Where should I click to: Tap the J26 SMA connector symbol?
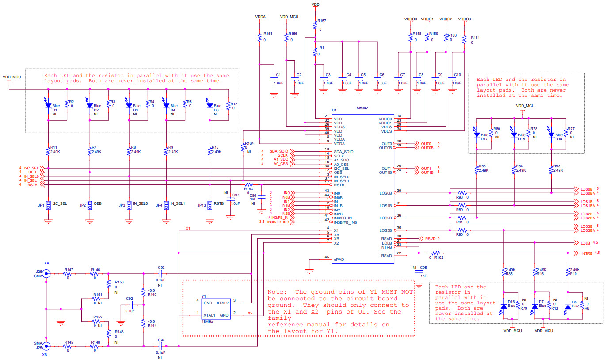coord(46,274)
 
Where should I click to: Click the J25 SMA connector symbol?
coord(46,346)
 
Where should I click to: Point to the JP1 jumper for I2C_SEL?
coord(48,205)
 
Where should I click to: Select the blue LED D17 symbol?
coord(476,134)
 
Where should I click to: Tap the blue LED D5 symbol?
coord(568,306)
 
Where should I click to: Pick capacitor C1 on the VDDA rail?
coord(274,80)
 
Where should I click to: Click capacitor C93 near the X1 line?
coord(161,274)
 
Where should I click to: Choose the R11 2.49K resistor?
coord(48,151)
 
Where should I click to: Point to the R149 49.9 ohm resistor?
coord(144,292)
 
